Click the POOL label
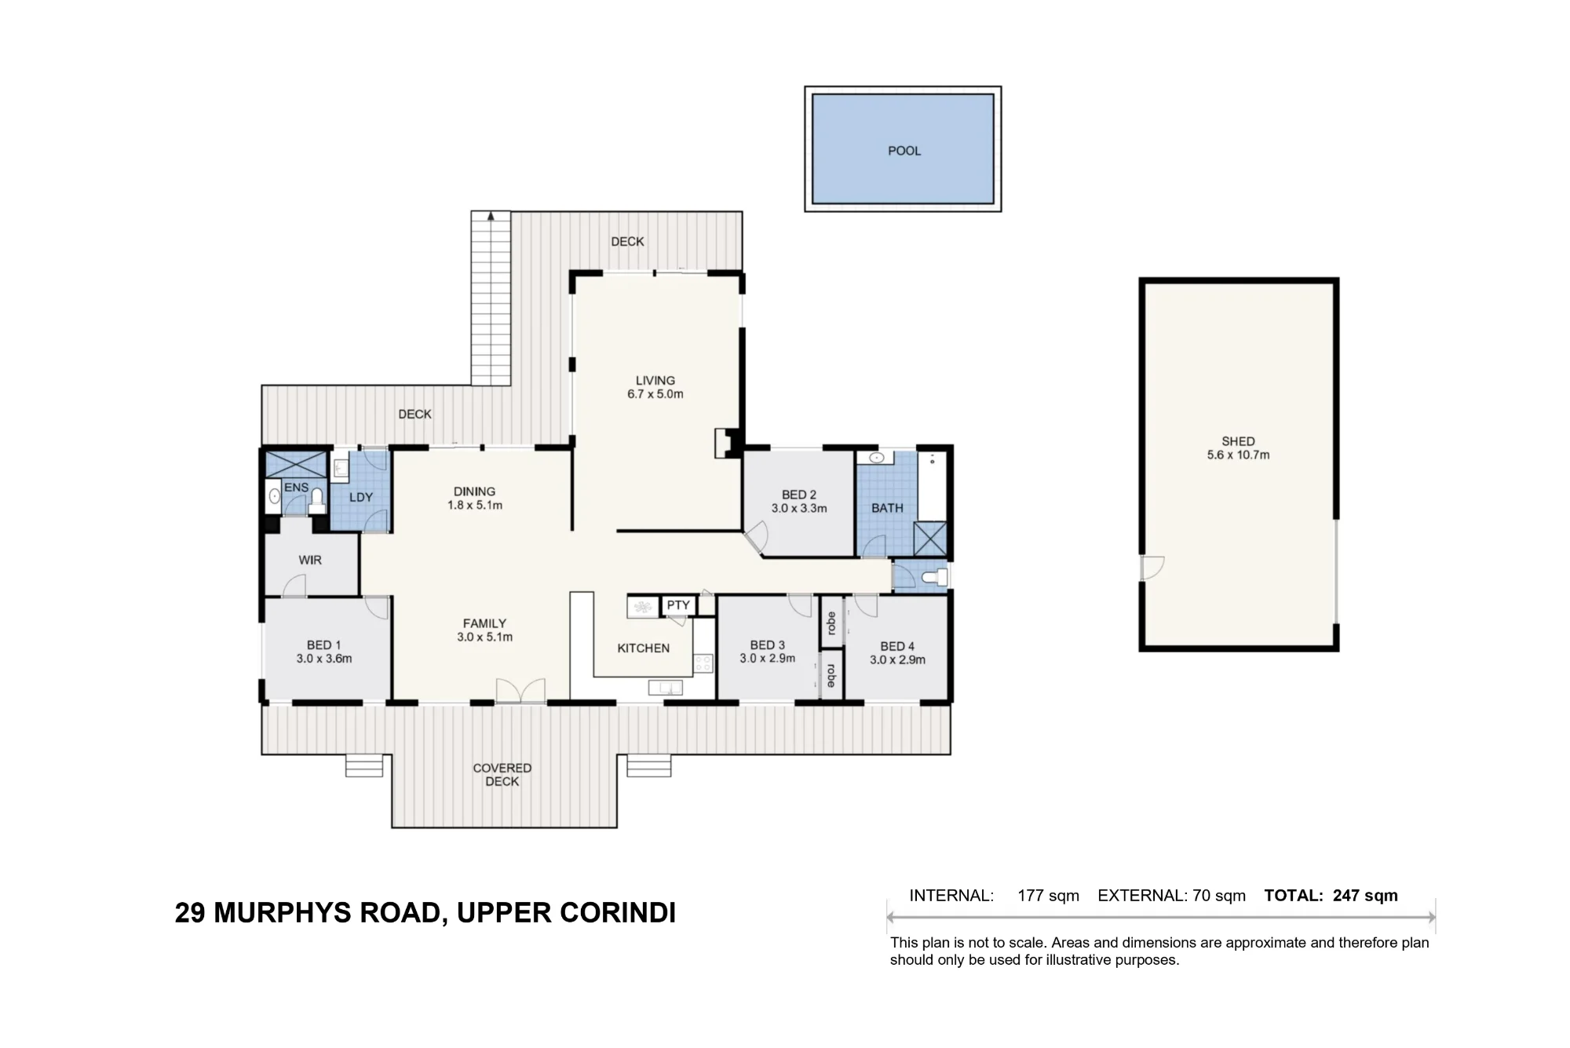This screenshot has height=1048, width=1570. pos(904,151)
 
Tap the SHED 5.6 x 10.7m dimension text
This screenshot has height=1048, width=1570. pos(1238,455)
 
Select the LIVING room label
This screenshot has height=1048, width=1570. pos(655,381)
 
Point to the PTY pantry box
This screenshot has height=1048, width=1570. pos(678,605)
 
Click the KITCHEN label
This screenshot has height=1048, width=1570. pos(644,648)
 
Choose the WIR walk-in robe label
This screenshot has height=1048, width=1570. pos(310,561)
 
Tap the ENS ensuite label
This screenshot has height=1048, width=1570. pos(296,487)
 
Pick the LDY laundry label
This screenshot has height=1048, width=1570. pos(361,497)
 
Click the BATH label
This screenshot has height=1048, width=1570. pos(887,508)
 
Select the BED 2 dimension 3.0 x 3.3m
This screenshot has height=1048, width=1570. pos(799,508)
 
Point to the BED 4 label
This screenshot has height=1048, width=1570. pos(897,646)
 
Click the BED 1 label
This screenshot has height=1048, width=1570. pos(324,645)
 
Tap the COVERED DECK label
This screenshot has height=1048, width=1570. pos(502,775)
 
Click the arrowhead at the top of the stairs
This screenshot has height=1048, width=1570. pos(491,215)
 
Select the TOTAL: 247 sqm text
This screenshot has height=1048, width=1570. pos(1331,896)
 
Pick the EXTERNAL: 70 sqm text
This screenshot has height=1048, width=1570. pos(1171,896)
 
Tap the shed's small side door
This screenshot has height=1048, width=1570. pos(1152,568)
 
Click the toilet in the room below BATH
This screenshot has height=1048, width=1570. pos(936,578)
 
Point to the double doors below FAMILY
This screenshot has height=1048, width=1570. pos(520,690)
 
